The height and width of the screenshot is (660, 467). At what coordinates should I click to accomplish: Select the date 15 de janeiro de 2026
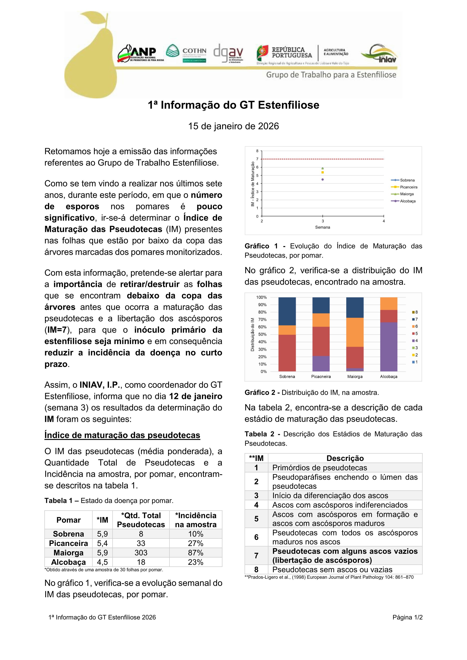tap(233, 126)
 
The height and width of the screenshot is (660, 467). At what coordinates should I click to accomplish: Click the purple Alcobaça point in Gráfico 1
tap(322, 179)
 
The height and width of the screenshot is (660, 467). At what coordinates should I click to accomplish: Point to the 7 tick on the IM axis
tap(257, 159)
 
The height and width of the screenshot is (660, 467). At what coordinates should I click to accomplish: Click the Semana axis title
tap(322, 227)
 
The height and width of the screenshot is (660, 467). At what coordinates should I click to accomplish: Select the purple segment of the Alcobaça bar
tap(389, 347)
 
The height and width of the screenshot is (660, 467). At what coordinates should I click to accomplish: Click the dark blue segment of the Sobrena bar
tap(287, 311)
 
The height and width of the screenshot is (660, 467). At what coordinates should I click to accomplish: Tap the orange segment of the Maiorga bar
tap(355, 332)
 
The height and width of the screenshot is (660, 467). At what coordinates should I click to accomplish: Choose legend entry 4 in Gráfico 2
tap(415, 341)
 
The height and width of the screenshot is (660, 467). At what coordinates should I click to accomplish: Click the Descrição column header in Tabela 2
tap(345, 458)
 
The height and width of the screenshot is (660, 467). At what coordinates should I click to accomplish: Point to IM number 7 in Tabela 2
tap(256, 555)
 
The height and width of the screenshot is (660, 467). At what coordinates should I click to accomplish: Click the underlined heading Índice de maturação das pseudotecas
tap(122, 435)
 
